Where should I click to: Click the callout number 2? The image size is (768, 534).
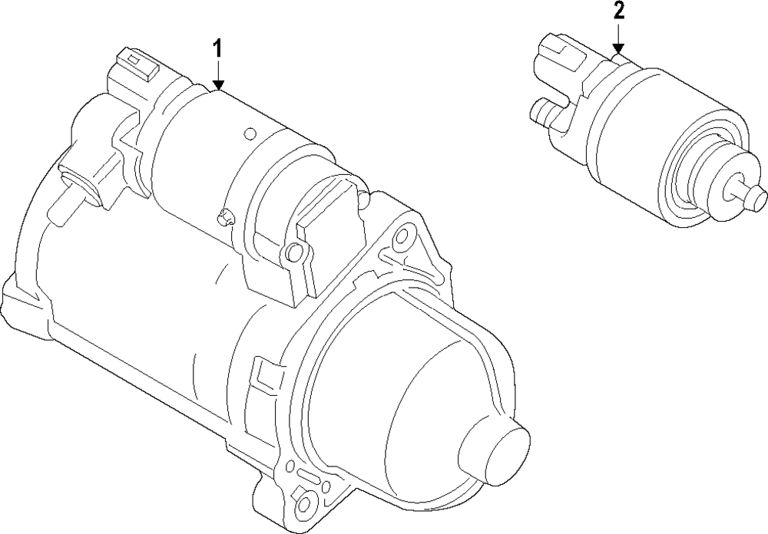click(x=619, y=12)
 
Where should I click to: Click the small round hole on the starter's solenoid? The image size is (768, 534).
click(x=248, y=134)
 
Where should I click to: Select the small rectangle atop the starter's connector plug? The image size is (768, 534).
click(x=134, y=59)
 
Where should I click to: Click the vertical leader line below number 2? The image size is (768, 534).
click(x=619, y=35)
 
